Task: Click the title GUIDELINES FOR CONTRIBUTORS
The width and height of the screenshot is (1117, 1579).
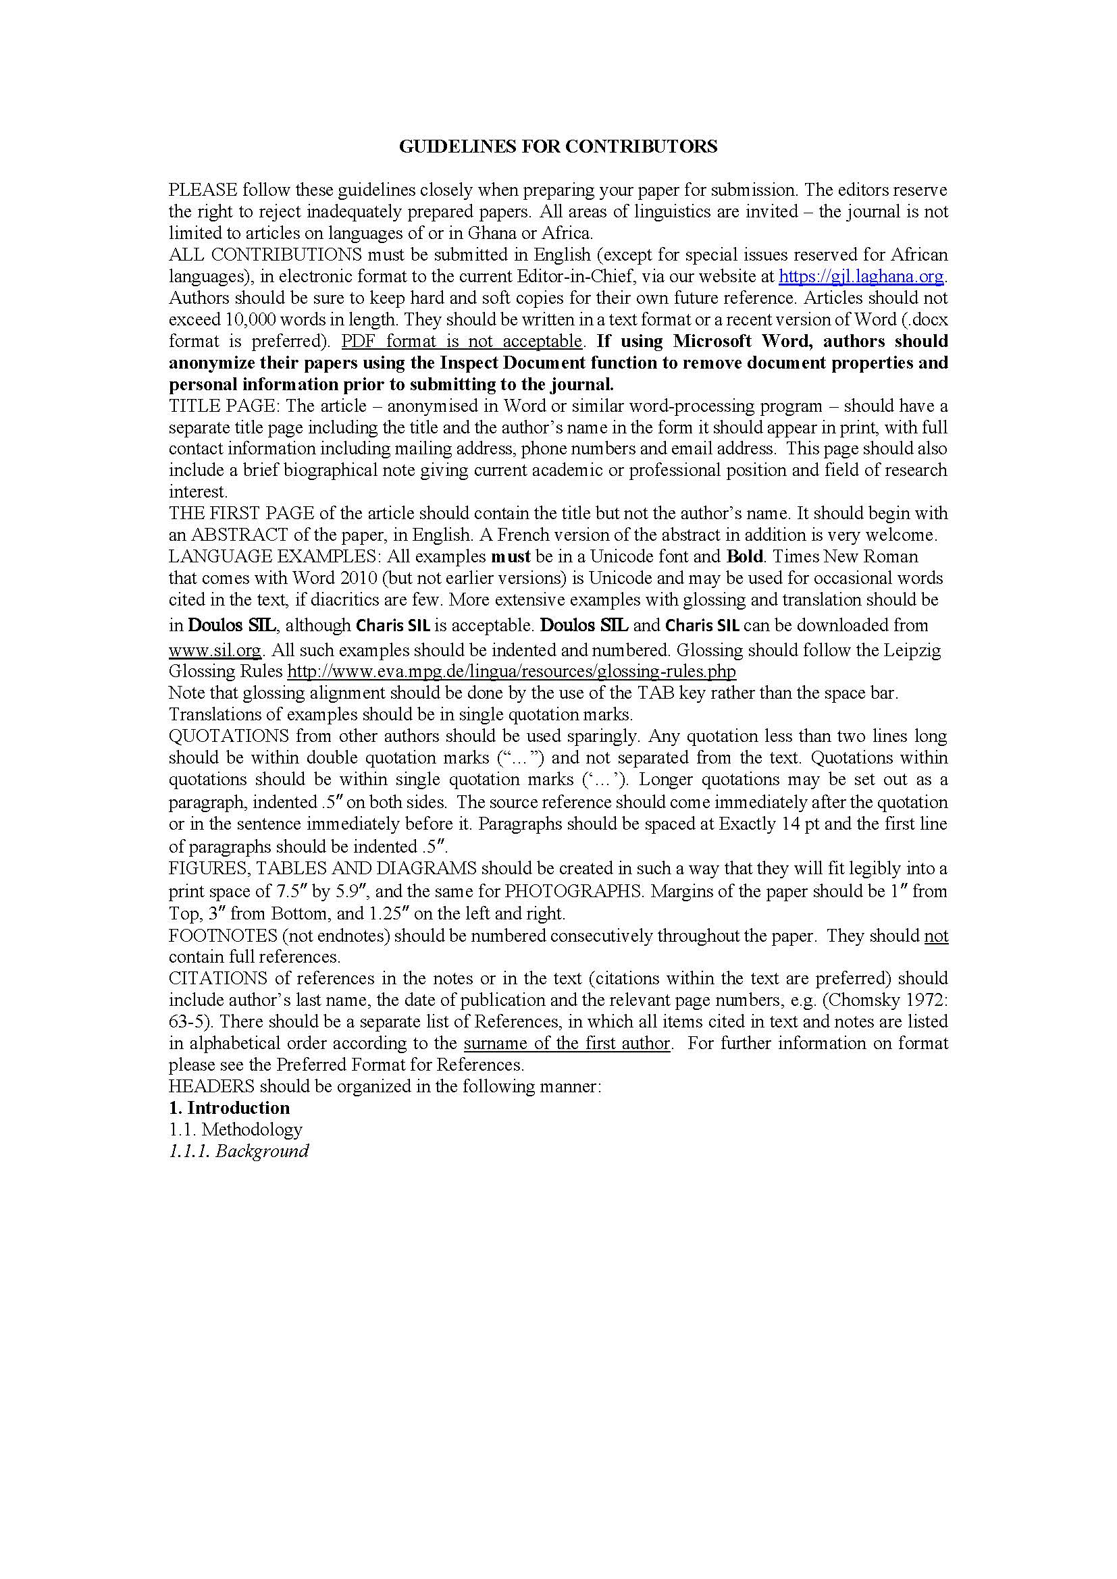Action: coord(558,146)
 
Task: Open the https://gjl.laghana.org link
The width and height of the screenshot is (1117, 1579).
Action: coord(861,277)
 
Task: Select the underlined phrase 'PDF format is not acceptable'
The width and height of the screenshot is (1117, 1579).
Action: coord(462,341)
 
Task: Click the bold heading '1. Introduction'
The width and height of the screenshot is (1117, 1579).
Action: coord(229,1108)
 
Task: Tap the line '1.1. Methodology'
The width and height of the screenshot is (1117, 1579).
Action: coord(235,1129)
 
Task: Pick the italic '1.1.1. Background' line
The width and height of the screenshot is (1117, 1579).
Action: coord(238,1150)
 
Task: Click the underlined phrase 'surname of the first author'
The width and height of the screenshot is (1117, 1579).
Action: coord(567,1043)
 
